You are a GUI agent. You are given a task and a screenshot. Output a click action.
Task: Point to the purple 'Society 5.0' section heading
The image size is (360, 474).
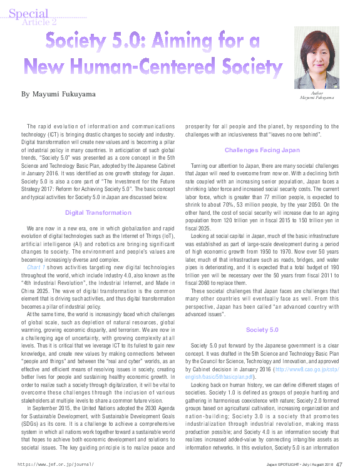tap(261, 329)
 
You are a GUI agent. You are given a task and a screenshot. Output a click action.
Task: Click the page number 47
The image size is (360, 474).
tap(339, 465)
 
